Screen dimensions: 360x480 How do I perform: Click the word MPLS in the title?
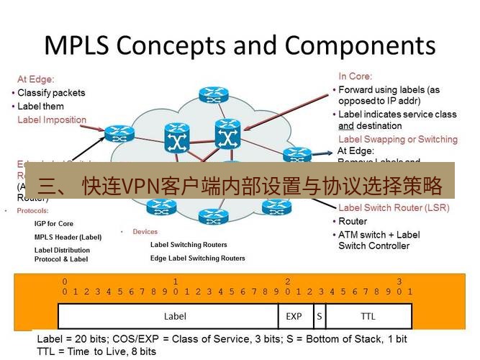coord(75,45)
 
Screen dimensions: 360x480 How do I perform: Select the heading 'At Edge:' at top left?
coord(36,79)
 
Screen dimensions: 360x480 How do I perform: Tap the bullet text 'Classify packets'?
coord(51,93)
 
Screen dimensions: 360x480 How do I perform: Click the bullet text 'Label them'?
coord(40,106)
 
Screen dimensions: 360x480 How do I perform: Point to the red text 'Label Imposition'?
coord(52,120)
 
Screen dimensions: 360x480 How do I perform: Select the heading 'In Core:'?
coord(356,76)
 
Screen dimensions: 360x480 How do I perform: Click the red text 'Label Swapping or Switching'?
coord(397,139)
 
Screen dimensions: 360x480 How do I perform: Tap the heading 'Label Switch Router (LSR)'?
coord(394,208)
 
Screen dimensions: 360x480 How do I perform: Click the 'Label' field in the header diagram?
coord(175,316)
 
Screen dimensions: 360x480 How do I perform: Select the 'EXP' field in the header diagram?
coord(294,316)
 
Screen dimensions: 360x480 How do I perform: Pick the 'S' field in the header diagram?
coord(318,316)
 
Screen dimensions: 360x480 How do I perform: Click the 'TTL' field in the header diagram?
coord(368,316)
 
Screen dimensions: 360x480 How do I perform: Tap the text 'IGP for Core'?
coord(54,224)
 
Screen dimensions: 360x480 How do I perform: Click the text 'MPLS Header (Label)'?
coord(68,237)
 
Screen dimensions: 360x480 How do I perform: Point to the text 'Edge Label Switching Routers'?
coord(197,258)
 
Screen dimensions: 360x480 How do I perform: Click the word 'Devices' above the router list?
coord(145,232)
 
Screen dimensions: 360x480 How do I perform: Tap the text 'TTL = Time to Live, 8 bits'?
coord(96,351)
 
